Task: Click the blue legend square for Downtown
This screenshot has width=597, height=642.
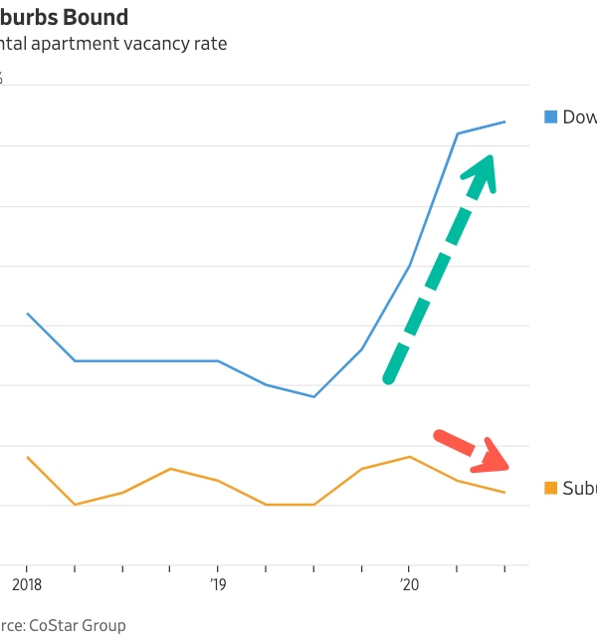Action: tap(550, 116)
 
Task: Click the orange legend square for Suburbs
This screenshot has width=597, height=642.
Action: tap(550, 488)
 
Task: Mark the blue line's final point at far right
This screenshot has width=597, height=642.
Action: tap(505, 121)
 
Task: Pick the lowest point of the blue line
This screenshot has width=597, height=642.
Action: tap(314, 396)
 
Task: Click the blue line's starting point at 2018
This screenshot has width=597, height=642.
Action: tap(27, 314)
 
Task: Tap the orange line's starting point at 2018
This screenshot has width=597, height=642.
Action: tap(27, 457)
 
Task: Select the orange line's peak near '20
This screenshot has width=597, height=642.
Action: tap(409, 457)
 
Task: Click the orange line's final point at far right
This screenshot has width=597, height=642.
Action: tap(505, 492)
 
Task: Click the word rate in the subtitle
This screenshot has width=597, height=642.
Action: tap(211, 44)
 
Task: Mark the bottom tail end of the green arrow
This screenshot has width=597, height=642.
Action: tap(389, 378)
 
